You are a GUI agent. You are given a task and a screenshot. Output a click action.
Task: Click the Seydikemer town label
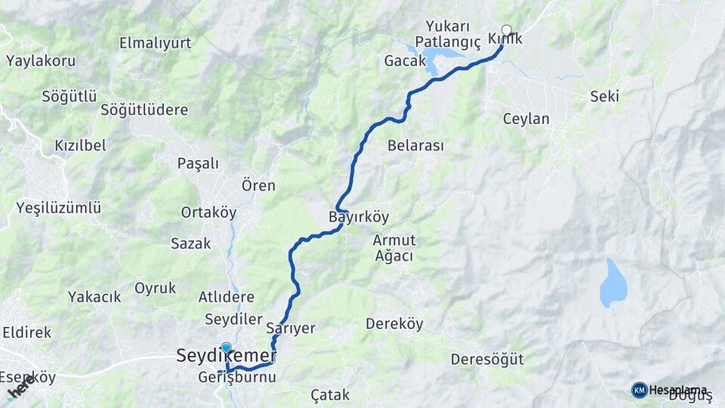click(x=226, y=355)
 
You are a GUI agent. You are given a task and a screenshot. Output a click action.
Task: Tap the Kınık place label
click(x=504, y=39)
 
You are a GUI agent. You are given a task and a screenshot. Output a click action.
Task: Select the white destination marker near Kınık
click(x=506, y=31)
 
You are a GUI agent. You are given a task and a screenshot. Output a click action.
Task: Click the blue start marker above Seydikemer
click(x=226, y=347)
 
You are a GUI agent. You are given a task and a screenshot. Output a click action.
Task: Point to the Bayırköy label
click(x=359, y=218)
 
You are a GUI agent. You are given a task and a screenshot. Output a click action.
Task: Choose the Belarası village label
click(x=415, y=145)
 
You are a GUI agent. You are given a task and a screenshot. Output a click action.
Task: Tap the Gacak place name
click(x=405, y=60)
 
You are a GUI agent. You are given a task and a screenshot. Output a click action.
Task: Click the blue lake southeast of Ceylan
click(x=612, y=283)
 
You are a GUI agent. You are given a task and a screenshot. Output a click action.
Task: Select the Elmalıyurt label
click(x=155, y=43)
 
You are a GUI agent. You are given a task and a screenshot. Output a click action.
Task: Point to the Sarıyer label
click(x=291, y=328)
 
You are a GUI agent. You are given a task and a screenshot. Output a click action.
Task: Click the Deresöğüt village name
click(x=487, y=359)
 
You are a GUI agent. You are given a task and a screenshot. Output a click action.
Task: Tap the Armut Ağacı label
click(x=394, y=248)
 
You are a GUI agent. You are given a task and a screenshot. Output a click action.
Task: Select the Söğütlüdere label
click(x=144, y=110)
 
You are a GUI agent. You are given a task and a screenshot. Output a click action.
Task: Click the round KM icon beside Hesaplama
click(x=639, y=390)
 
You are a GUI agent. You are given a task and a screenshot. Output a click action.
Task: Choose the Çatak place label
click(x=330, y=394)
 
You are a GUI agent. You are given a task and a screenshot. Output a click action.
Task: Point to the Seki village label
click(x=605, y=96)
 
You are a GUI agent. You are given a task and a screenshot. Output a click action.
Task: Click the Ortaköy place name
click(x=208, y=213)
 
